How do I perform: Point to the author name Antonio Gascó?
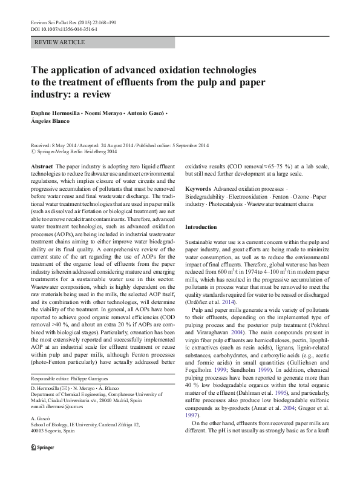pos(144,114)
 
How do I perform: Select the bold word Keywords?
pos(198,189)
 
